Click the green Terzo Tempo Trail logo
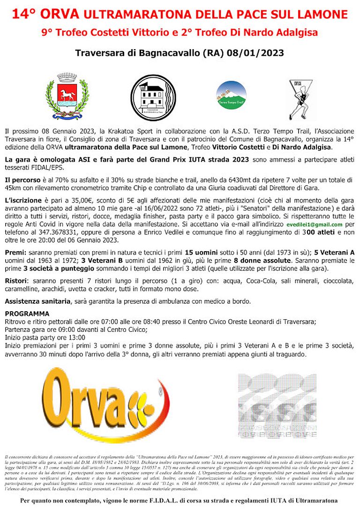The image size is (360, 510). point(231,96)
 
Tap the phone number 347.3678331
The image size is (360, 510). point(49,232)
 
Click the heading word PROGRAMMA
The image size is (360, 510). point(27,314)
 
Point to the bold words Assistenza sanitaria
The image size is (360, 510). point(37,301)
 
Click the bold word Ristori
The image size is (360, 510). point(17,280)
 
